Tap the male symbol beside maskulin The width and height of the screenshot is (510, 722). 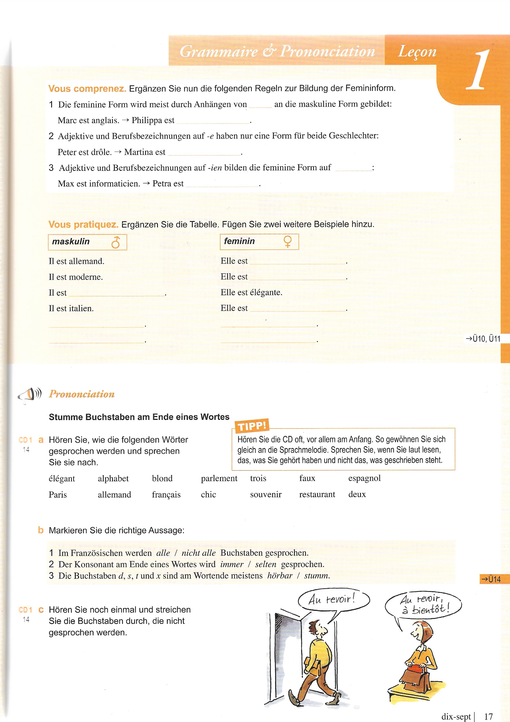(x=116, y=242)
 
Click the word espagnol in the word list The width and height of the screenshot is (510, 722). (x=364, y=478)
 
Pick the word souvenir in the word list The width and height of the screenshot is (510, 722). (x=265, y=494)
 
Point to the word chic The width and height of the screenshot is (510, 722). (x=208, y=494)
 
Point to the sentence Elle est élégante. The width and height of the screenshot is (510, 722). (x=251, y=292)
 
